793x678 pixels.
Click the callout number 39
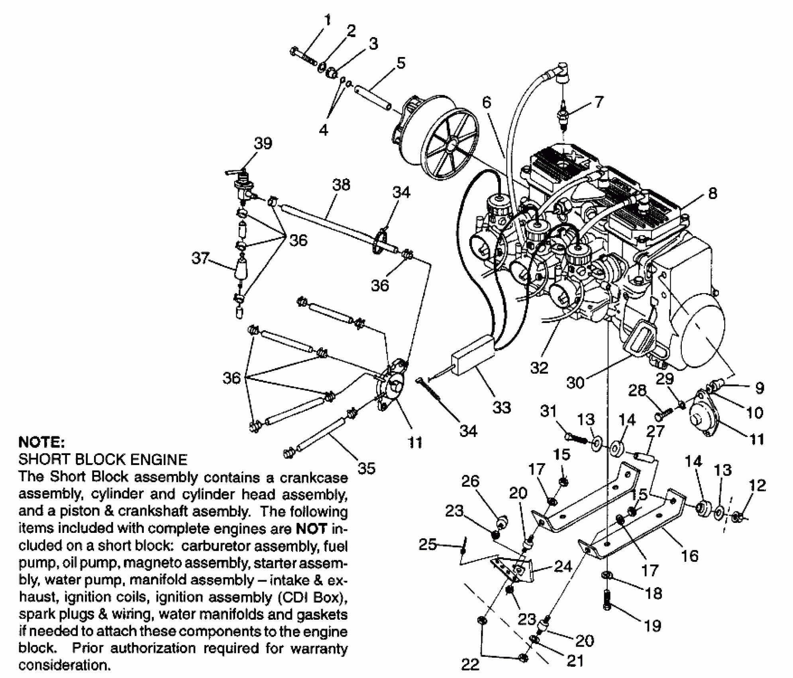pyautogui.click(x=263, y=143)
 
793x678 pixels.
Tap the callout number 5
pyautogui.click(x=400, y=63)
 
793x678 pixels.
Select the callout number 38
pyautogui.click(x=341, y=185)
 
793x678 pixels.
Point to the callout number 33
pyautogui.click(x=501, y=407)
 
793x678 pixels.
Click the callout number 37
pyautogui.click(x=200, y=258)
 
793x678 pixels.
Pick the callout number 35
pyautogui.click(x=366, y=468)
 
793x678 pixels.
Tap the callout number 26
pyautogui.click(x=470, y=481)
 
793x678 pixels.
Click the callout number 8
pyautogui.click(x=713, y=193)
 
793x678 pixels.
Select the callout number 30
pyautogui.click(x=575, y=382)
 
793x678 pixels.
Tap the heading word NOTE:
pyautogui.click(x=41, y=442)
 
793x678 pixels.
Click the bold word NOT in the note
pyautogui.click(x=311, y=528)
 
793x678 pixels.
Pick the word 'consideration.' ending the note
pyautogui.click(x=64, y=666)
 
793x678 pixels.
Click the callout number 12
pyautogui.click(x=757, y=485)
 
